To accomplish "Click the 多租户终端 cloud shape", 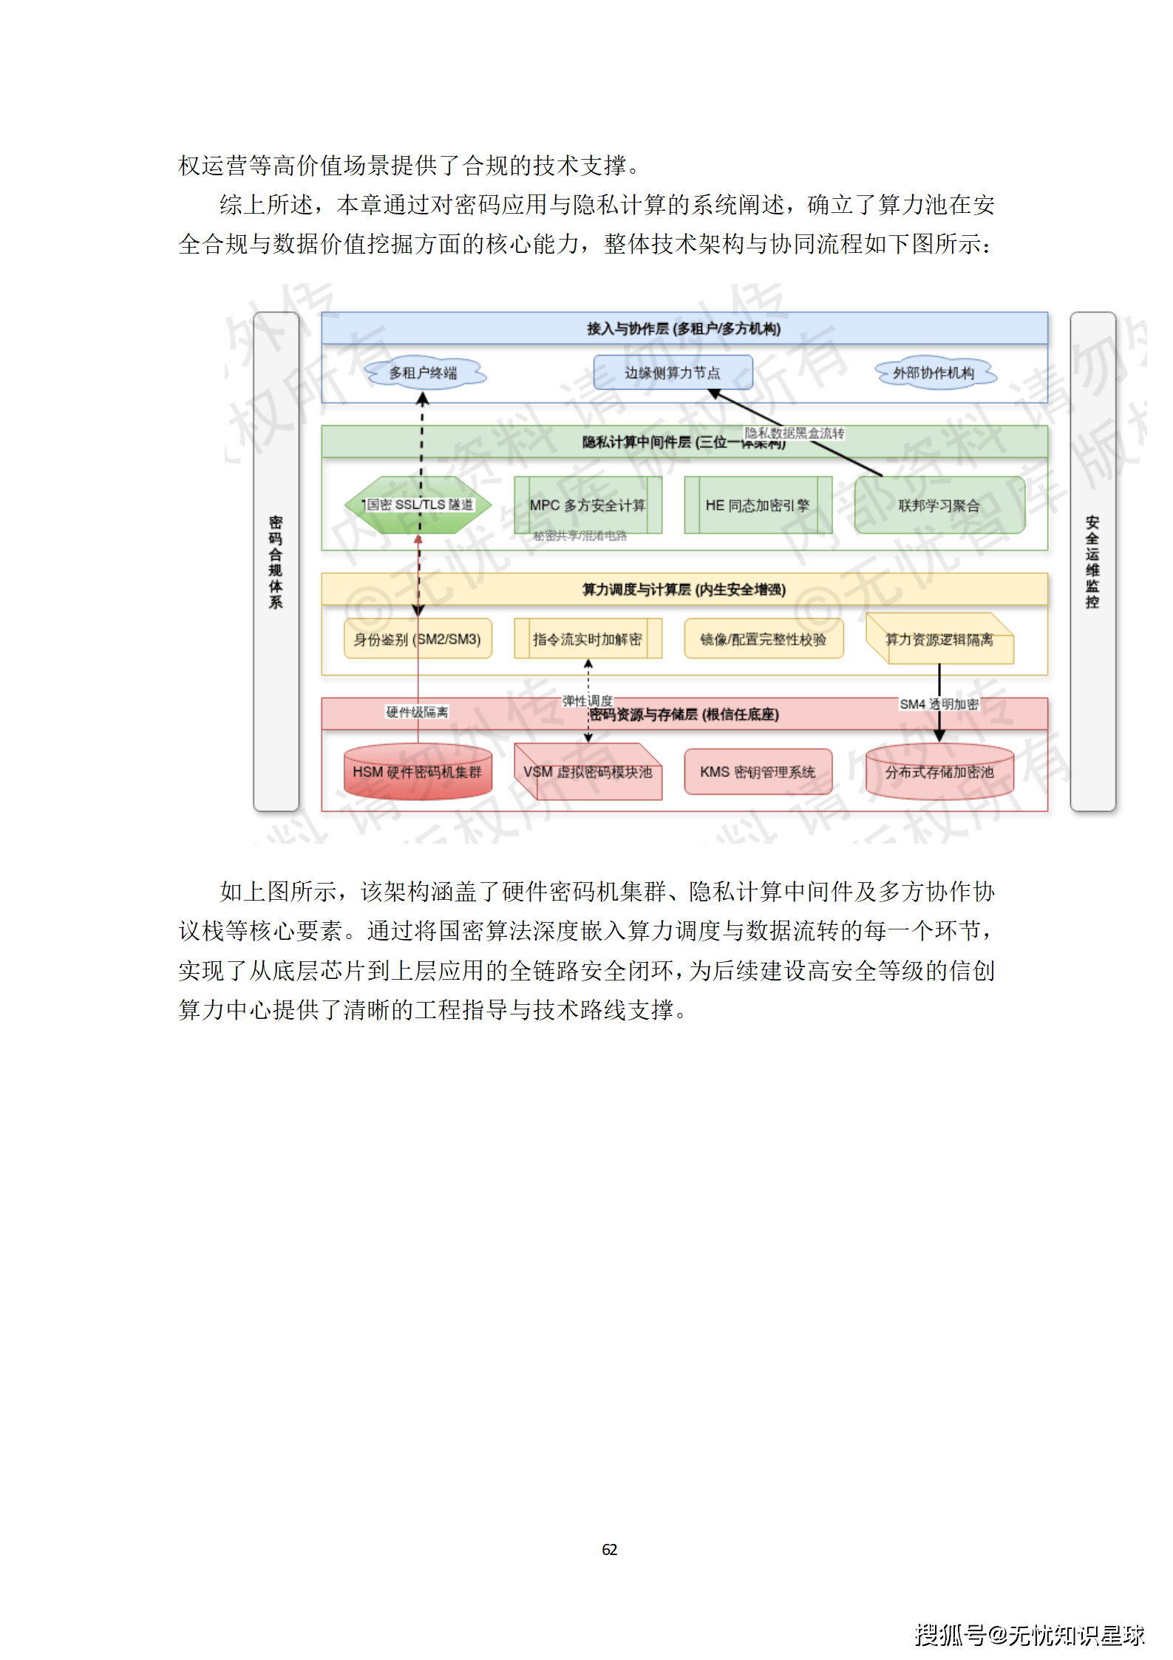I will tap(424, 373).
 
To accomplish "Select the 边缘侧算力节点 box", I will tap(673, 373).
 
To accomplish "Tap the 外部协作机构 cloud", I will tap(934, 373).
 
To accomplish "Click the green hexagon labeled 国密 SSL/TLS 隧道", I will tap(418, 505).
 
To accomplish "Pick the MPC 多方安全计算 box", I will tap(588, 505).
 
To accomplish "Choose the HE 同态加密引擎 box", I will tap(758, 505).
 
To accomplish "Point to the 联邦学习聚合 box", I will tap(939, 505).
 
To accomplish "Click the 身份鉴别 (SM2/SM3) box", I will tap(418, 639).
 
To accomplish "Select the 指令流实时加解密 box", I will tap(588, 639).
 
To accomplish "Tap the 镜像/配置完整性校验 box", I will tap(763, 639).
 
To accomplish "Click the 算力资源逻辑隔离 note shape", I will tap(939, 639).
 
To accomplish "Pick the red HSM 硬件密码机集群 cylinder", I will tap(418, 772).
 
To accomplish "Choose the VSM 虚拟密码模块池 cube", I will tap(588, 772).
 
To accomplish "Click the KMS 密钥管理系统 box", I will tap(758, 772).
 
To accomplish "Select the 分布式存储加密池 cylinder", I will tap(939, 772).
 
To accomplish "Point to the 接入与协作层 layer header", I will tap(684, 328).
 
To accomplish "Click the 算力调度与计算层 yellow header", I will tap(684, 589).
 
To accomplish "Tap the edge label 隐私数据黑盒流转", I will tap(795, 433).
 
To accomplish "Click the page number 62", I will tap(609, 1549).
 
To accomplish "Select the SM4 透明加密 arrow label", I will tap(939, 704).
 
